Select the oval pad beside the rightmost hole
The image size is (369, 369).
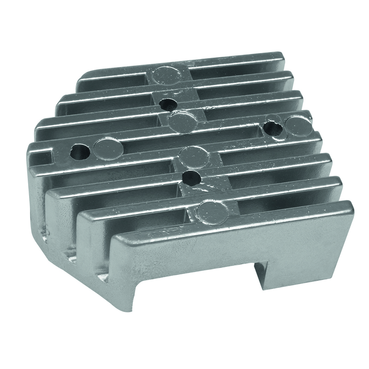pos(295,125)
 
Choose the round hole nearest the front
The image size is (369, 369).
pos(189,177)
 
